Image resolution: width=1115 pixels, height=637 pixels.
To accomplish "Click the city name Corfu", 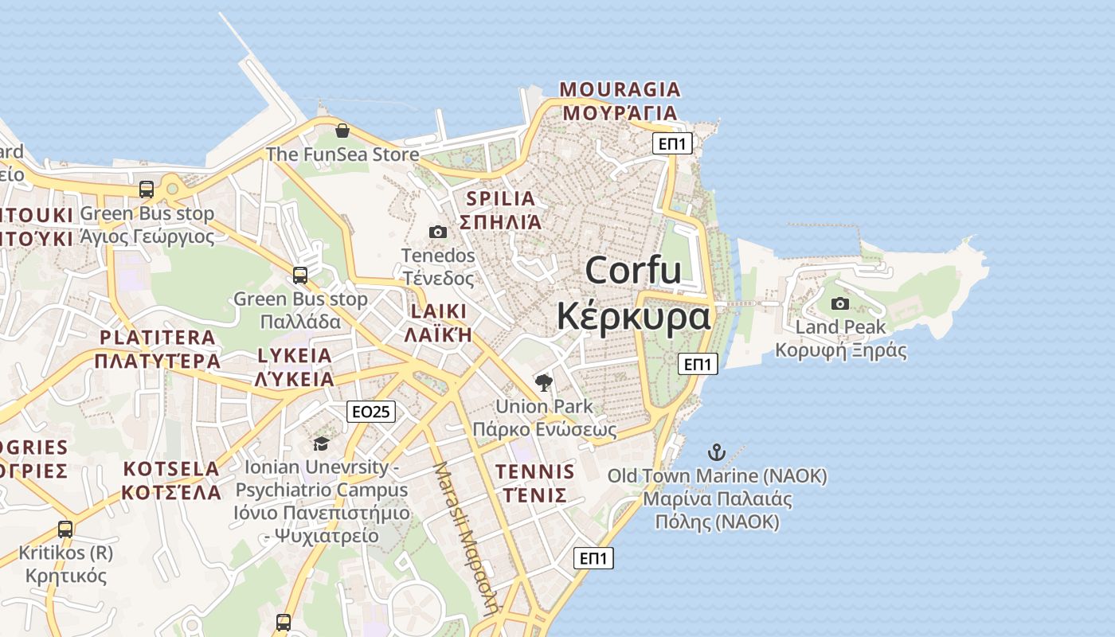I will click(633, 271).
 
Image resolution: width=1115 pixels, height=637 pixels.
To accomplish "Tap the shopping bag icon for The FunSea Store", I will click(342, 131).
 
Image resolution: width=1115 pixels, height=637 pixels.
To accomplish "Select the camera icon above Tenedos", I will click(437, 232).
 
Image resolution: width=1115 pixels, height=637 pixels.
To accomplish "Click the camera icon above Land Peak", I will click(839, 303).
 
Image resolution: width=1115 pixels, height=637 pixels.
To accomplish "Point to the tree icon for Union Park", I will click(544, 383).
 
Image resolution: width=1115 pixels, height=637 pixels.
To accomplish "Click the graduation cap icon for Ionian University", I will click(321, 444).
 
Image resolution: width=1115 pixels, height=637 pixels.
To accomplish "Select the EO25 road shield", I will click(371, 411).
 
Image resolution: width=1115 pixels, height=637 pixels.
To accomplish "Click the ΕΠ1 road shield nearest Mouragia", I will click(672, 143).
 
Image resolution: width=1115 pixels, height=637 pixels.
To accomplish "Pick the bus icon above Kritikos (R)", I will click(65, 529).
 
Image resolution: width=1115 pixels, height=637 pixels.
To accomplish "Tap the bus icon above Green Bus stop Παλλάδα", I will click(300, 276).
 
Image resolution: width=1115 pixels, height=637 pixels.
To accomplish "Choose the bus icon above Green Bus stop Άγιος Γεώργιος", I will click(147, 190).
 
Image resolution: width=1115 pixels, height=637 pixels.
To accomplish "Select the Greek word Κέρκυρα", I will click(633, 316).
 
